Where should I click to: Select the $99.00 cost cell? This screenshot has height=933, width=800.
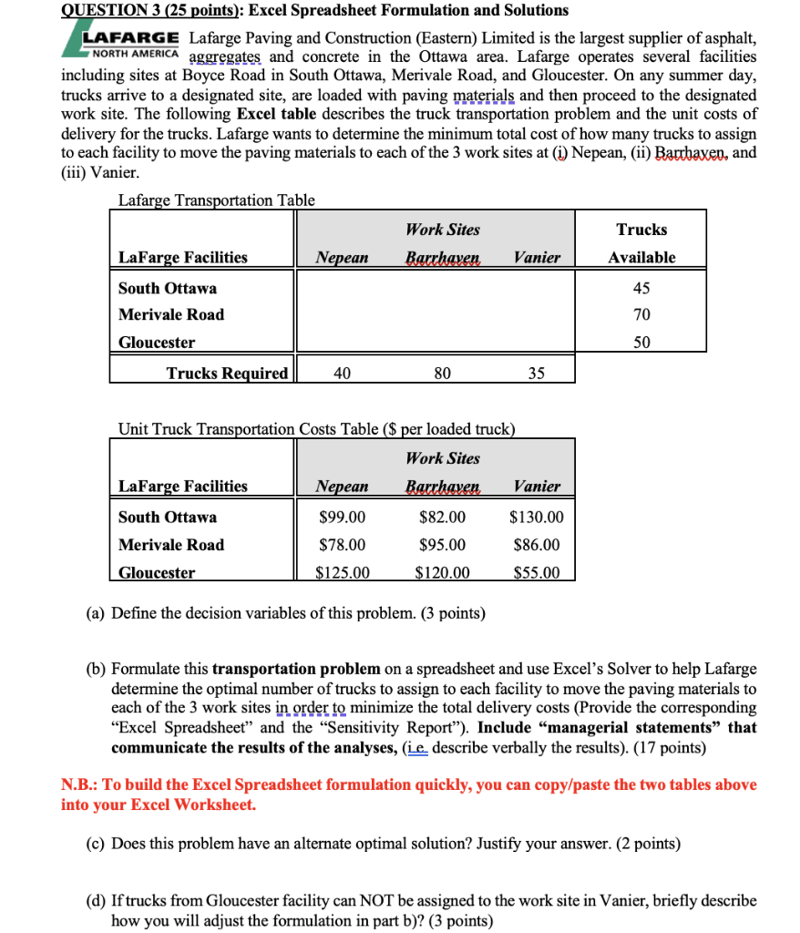click(x=343, y=518)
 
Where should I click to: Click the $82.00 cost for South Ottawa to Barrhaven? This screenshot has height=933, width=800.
click(x=442, y=518)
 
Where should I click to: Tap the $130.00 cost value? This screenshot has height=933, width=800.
click(x=537, y=518)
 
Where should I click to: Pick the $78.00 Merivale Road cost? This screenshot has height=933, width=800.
click(x=343, y=545)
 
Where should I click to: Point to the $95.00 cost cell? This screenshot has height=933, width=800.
click(x=442, y=545)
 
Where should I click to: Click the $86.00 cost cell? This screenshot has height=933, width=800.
click(x=537, y=545)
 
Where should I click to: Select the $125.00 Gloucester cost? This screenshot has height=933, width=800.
click(x=343, y=573)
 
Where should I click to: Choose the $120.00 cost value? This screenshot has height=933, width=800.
click(x=442, y=573)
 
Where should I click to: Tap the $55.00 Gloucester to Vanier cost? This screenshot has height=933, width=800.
click(x=537, y=573)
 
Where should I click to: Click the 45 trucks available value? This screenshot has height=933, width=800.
click(x=641, y=288)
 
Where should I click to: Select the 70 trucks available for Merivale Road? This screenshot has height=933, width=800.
click(x=641, y=314)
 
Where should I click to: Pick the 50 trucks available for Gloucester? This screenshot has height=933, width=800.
click(x=641, y=343)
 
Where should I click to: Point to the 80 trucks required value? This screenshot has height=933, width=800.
click(x=442, y=372)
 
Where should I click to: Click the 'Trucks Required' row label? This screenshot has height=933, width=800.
click(x=227, y=373)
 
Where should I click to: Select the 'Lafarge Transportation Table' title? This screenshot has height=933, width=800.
click(x=217, y=200)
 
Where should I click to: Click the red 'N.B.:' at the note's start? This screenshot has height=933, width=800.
click(x=81, y=784)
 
